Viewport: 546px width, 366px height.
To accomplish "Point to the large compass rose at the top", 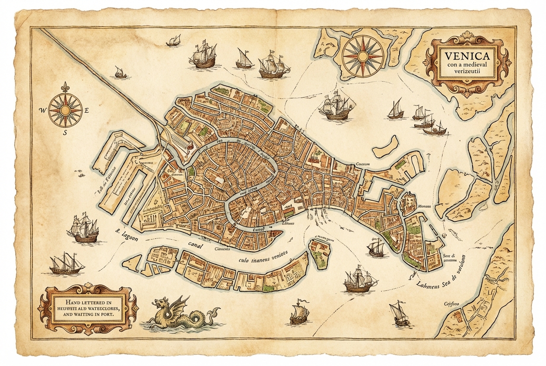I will tap(362, 55).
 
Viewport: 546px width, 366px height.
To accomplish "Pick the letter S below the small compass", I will tap(65, 133).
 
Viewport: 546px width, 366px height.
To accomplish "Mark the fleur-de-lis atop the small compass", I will tap(65, 87).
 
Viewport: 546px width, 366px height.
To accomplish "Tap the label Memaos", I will tap(425, 207).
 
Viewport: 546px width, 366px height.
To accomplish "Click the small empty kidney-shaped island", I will tap(386, 147).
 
